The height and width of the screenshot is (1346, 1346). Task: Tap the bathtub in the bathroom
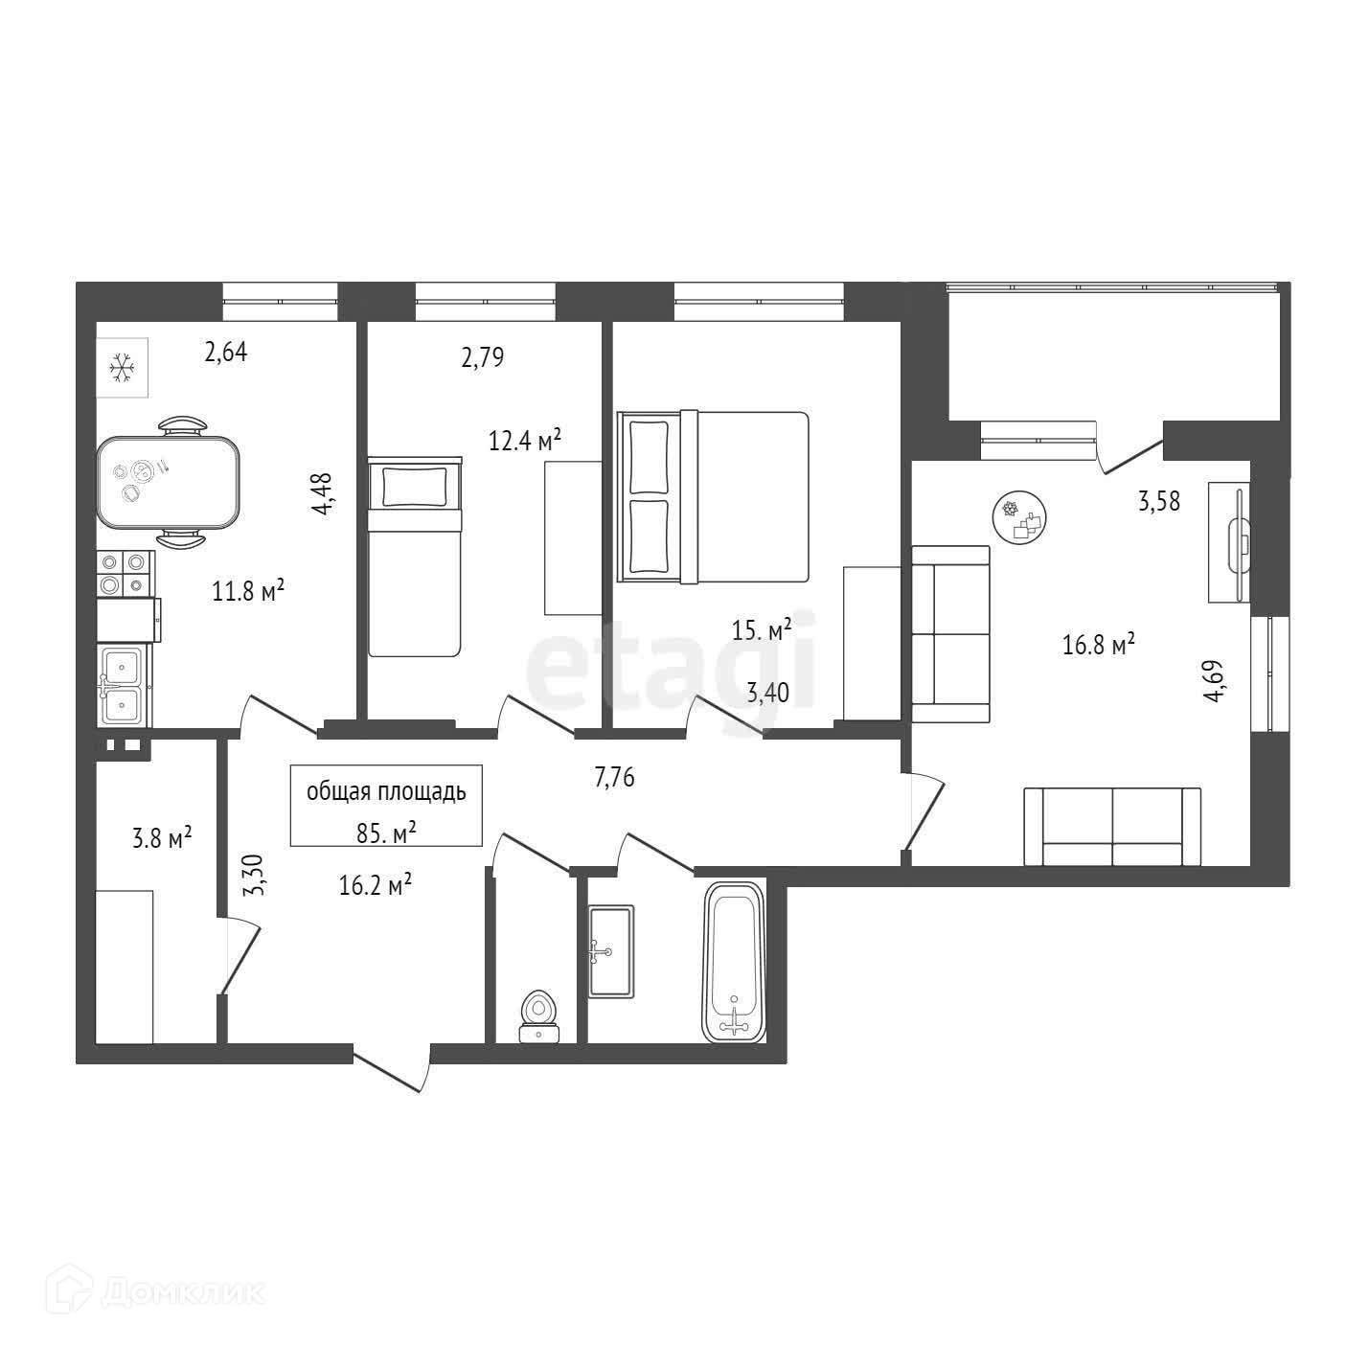tap(735, 962)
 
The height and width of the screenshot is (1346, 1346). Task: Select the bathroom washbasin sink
tap(610, 951)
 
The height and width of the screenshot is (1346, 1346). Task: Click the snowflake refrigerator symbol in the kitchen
tap(122, 368)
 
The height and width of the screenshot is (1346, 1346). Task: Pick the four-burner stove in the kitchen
tap(125, 573)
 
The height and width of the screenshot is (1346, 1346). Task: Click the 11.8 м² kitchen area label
tap(248, 591)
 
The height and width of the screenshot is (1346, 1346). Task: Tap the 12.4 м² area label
tap(524, 441)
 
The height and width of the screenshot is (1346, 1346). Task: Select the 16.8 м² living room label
tap(1099, 645)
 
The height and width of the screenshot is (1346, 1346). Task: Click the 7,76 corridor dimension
tap(614, 778)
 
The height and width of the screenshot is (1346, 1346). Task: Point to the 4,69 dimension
tap(1215, 681)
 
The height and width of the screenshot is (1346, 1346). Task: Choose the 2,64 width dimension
tap(226, 353)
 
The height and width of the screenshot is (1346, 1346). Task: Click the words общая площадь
tap(386, 792)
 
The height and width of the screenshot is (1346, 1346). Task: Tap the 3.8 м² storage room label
tap(162, 840)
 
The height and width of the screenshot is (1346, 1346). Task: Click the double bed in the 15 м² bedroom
tap(713, 496)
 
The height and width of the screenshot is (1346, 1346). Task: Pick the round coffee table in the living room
tap(1019, 518)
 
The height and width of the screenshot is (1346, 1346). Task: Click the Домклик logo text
tap(182, 1293)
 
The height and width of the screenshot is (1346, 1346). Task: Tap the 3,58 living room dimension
tap(1158, 501)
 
